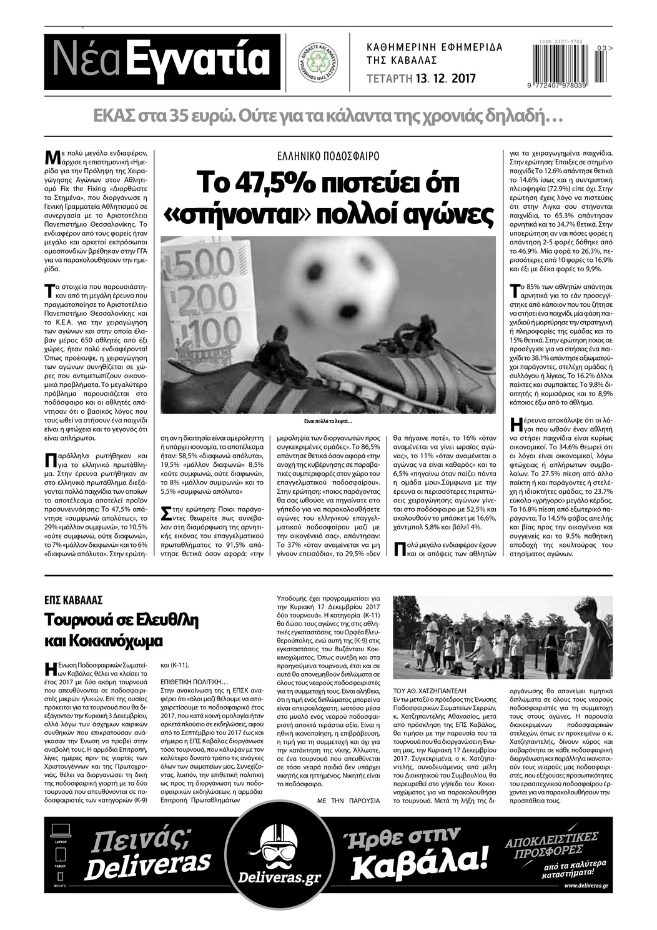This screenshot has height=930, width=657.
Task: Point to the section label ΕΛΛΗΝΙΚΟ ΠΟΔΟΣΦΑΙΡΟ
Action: pos(328,157)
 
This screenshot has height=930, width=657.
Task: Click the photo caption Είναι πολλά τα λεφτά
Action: pos(328,420)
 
